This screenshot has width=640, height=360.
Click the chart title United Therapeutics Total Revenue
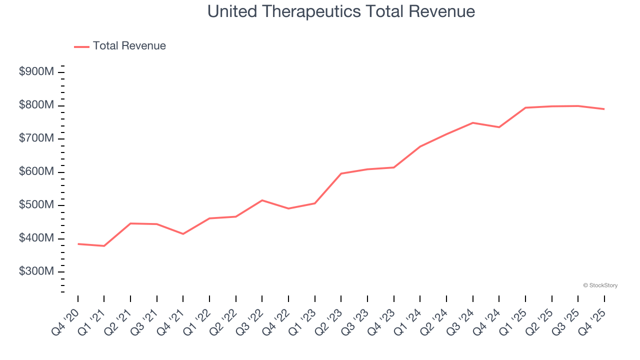[x=341, y=11]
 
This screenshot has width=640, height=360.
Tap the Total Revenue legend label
[x=129, y=46]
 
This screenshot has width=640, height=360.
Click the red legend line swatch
[x=81, y=46]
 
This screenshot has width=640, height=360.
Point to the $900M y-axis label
[x=36, y=72]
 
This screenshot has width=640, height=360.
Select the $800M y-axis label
[x=36, y=105]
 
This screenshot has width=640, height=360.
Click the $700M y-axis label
[x=36, y=138]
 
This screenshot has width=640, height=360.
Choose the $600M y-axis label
[x=36, y=171]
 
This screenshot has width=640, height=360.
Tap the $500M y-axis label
[x=36, y=205]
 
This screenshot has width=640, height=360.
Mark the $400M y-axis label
[x=36, y=238]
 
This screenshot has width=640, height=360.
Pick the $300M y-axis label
[x=36, y=271]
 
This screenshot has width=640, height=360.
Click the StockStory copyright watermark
[x=600, y=285]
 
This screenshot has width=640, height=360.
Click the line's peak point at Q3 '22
[x=262, y=200]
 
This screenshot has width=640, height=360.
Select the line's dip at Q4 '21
[x=183, y=234]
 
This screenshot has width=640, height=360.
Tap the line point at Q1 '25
[x=525, y=107]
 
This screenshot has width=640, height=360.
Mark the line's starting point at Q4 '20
[x=78, y=244]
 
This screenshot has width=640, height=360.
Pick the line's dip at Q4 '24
[x=499, y=127]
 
